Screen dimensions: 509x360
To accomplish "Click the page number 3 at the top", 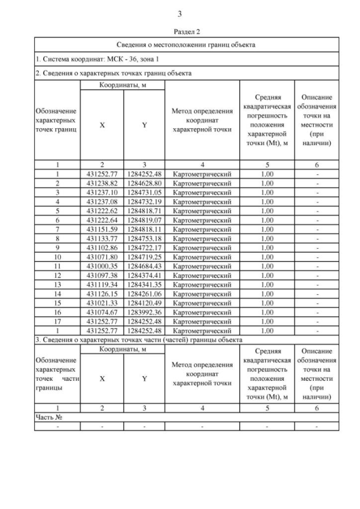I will click(x=179, y=13).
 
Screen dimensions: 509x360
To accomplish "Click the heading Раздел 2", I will click(x=179, y=32).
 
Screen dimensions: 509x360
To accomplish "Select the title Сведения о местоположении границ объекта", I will click(x=186, y=44).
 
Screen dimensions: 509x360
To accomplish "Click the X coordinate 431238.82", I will click(x=102, y=183).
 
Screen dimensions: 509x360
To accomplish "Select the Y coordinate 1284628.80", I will click(x=144, y=183).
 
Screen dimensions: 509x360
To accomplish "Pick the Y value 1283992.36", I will click(x=144, y=312).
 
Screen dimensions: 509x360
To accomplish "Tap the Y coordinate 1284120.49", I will click(x=144, y=303).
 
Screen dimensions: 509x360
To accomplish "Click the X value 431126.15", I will click(x=102, y=294).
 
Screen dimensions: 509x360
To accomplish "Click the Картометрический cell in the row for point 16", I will click(x=202, y=312).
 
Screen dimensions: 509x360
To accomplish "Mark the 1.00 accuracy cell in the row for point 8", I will click(x=267, y=238).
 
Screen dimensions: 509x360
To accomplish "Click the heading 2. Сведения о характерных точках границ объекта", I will click(x=113, y=73).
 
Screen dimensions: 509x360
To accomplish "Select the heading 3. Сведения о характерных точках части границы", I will click(x=139, y=340).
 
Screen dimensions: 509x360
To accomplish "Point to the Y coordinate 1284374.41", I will click(x=144, y=275).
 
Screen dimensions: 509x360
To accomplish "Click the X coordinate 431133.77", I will click(x=102, y=238).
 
